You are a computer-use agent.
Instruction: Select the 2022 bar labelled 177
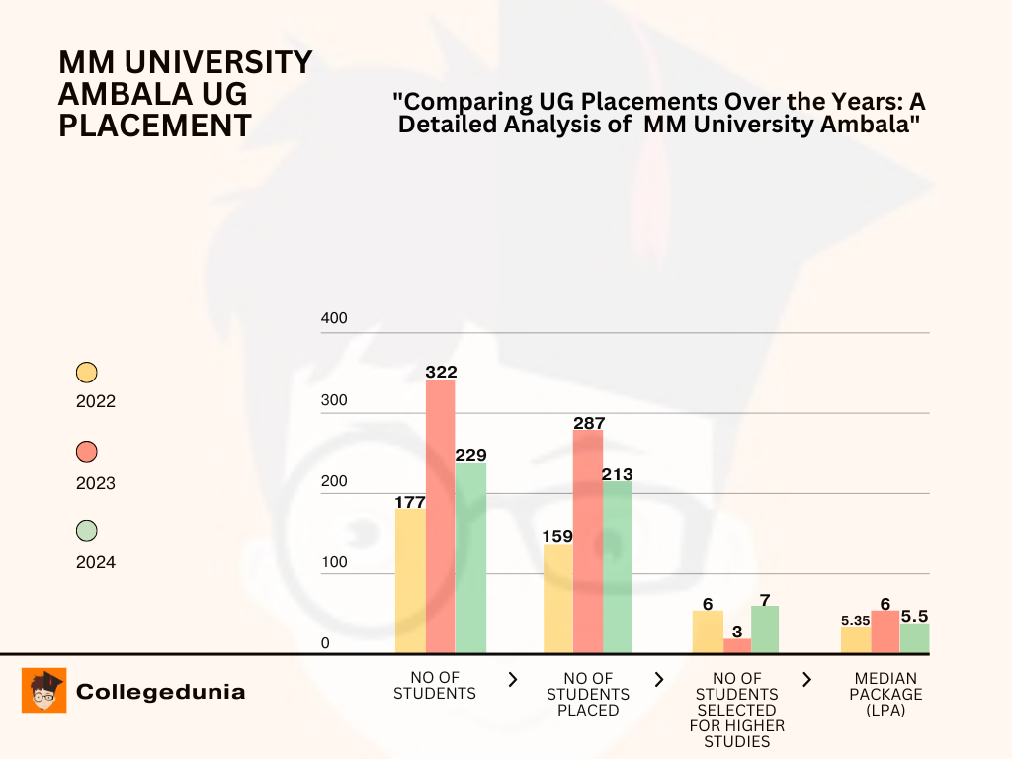click(x=410, y=581)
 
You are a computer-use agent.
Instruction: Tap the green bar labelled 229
click(x=470, y=557)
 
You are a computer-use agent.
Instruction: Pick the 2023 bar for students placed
click(x=588, y=541)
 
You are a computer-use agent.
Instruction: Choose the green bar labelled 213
click(x=618, y=567)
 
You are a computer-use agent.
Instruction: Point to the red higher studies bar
click(x=737, y=645)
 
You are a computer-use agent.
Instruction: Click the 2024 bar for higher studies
click(x=765, y=630)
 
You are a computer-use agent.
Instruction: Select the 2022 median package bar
click(x=856, y=639)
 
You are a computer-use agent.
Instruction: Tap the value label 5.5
click(x=914, y=616)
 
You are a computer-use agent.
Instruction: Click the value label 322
click(x=441, y=372)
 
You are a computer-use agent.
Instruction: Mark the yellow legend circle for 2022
click(x=87, y=373)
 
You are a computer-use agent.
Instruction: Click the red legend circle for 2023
click(x=87, y=452)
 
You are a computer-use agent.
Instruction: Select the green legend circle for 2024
click(x=87, y=531)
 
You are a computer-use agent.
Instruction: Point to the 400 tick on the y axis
click(x=335, y=319)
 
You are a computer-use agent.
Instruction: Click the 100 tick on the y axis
click(x=335, y=563)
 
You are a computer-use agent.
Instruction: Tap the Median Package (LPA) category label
click(x=885, y=694)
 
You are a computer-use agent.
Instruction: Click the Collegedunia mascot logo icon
click(x=44, y=691)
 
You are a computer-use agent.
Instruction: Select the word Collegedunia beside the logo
click(x=160, y=692)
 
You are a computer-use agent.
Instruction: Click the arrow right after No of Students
click(x=513, y=679)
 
